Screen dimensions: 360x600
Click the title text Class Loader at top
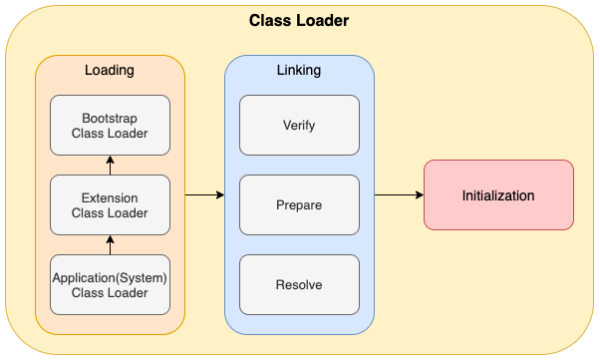click(299, 20)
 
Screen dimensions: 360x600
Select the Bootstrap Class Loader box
click(111, 125)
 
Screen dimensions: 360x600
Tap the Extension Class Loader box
click(111, 204)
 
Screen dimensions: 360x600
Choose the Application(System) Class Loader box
click(111, 284)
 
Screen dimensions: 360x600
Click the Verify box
click(299, 125)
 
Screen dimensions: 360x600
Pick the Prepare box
click(299, 204)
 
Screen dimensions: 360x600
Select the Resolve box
click(299, 284)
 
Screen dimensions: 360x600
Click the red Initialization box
click(498, 195)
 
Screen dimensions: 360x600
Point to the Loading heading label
click(111, 71)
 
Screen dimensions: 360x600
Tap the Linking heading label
click(299, 71)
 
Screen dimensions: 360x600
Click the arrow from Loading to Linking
click(204, 195)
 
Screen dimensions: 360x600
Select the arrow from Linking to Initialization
click(399, 195)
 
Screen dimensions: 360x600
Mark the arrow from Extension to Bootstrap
click(111, 165)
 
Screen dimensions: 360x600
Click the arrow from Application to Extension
click(111, 244)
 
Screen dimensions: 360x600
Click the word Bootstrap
click(111, 118)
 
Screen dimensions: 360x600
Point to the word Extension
click(111, 197)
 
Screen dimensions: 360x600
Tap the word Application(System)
click(111, 277)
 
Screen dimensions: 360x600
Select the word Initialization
click(498, 195)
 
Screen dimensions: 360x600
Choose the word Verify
click(299, 125)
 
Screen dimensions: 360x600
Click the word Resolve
click(299, 284)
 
